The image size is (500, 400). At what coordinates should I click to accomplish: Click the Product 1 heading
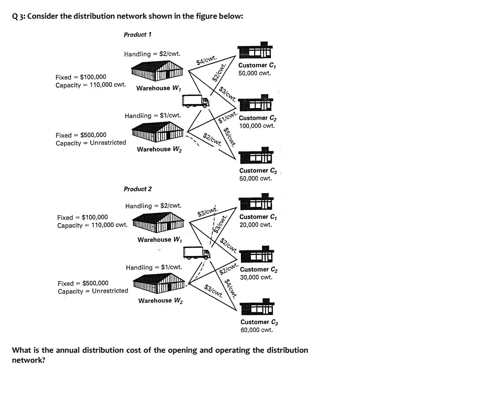pos(138,34)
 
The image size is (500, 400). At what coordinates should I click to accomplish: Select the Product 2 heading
pos(138,189)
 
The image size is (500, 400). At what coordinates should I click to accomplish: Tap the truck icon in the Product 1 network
pos(196,101)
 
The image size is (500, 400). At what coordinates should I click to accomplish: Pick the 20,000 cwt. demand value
pos(256,225)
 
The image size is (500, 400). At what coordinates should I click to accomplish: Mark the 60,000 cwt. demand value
pos(257,330)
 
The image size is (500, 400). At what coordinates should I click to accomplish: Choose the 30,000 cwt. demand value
pos(256,277)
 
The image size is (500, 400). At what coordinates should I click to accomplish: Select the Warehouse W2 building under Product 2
pos(159,284)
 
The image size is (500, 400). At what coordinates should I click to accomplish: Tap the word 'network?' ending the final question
pos(28,360)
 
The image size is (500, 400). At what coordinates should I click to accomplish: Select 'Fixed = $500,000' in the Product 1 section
pos(81,135)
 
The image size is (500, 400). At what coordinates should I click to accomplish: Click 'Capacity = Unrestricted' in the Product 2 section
pos(93,291)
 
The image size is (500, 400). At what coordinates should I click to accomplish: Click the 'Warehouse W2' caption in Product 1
pos(159,149)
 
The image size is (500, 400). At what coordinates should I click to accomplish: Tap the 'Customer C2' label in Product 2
pos(259,269)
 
